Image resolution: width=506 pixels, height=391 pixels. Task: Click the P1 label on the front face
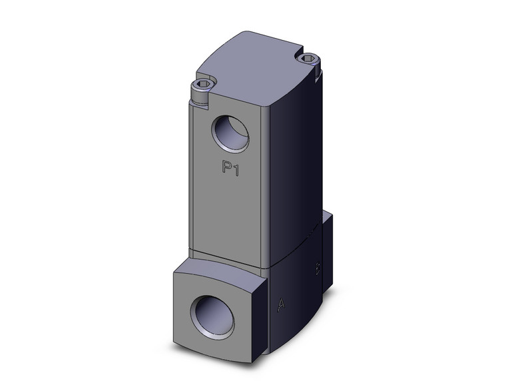pos(230,169)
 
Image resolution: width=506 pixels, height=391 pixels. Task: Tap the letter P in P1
pos(226,169)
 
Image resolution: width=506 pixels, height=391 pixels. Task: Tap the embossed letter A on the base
pos(282,305)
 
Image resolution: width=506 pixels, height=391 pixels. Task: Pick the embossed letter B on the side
pos(318,269)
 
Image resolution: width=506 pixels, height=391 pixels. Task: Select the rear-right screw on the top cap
pos(310,61)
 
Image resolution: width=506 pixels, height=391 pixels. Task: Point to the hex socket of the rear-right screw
pos(310,60)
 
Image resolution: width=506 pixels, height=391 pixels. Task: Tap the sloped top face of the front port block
pos(220,266)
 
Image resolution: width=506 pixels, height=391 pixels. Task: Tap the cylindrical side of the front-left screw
pos(200,97)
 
